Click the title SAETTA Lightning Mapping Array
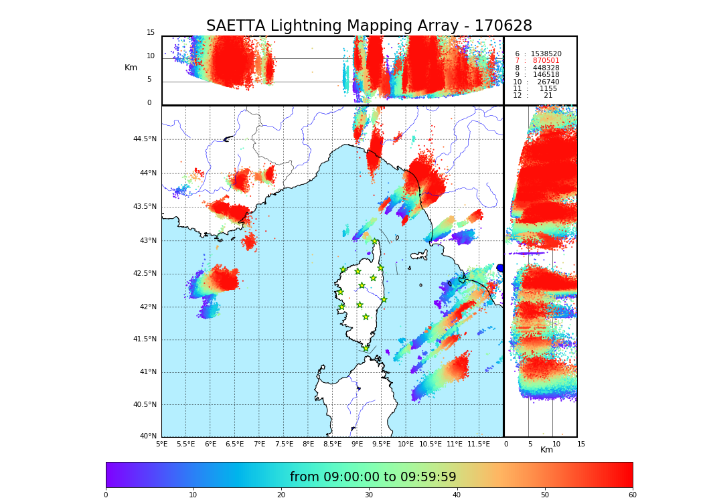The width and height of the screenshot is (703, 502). [369, 26]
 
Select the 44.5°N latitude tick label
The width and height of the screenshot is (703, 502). [145, 139]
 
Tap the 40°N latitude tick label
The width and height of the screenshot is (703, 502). [148, 436]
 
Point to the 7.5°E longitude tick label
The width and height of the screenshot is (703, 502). [284, 444]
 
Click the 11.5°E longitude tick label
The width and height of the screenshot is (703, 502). [479, 444]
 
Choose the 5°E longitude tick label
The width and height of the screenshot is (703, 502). [161, 444]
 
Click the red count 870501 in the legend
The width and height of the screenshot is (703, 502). [546, 61]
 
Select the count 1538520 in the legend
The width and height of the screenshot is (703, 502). [546, 54]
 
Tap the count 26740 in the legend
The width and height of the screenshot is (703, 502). [548, 82]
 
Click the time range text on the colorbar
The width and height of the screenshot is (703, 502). [373, 477]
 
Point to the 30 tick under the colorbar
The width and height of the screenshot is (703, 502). [369, 495]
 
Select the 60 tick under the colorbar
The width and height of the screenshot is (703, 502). [632, 495]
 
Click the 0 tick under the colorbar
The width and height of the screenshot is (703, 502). [106, 495]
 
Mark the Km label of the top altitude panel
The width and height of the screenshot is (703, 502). [131, 68]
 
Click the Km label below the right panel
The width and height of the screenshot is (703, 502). [546, 450]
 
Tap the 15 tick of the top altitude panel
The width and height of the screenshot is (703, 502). [151, 33]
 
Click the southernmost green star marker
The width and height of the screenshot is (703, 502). [366, 348]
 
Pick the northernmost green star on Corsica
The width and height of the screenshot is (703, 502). [375, 242]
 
